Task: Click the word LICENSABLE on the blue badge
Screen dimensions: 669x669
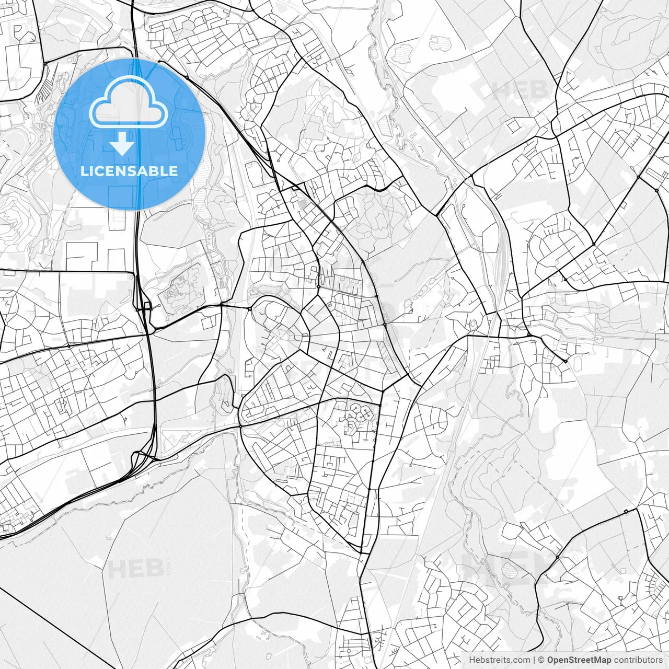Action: tap(129, 171)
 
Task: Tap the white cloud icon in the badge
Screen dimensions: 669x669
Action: tap(129, 102)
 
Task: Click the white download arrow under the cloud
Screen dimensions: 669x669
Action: tap(123, 144)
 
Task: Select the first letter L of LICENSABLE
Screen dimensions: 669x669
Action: tap(84, 171)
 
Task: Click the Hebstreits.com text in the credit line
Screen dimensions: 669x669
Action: tap(499, 660)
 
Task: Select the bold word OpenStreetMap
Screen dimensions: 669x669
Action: tap(579, 660)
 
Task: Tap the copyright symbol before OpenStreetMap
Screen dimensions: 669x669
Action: tap(541, 660)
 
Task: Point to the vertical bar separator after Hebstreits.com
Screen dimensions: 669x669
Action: tap(534, 660)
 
